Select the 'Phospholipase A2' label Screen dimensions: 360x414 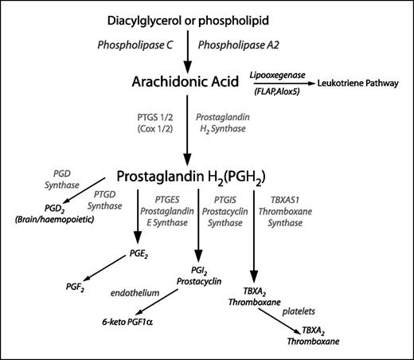pos(239,47)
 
